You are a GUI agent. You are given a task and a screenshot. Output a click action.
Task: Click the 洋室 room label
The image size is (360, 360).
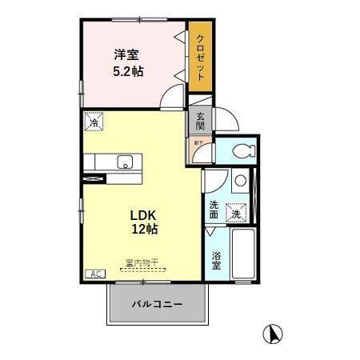[x=126, y=55]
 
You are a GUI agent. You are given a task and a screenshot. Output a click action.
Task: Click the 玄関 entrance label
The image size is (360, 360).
[x=200, y=120]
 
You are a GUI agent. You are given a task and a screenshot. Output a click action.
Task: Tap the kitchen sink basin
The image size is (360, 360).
[x=125, y=162]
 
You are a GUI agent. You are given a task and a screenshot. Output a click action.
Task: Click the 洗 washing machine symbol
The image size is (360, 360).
[x=236, y=213]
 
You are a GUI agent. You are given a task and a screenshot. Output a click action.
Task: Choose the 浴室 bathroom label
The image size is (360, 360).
[x=217, y=262]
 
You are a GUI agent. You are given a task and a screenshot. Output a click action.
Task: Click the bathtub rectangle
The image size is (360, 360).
[x=242, y=254]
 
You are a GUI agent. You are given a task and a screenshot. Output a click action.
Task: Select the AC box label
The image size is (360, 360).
[x=94, y=274]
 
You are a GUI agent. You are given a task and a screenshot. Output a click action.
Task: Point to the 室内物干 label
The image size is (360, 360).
[x=142, y=261]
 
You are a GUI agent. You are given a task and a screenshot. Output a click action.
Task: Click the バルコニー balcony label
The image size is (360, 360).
[x=157, y=305]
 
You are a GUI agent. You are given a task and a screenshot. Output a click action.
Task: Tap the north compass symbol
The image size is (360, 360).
[x=274, y=333]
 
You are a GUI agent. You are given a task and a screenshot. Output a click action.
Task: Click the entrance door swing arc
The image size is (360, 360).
[x=229, y=122]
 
